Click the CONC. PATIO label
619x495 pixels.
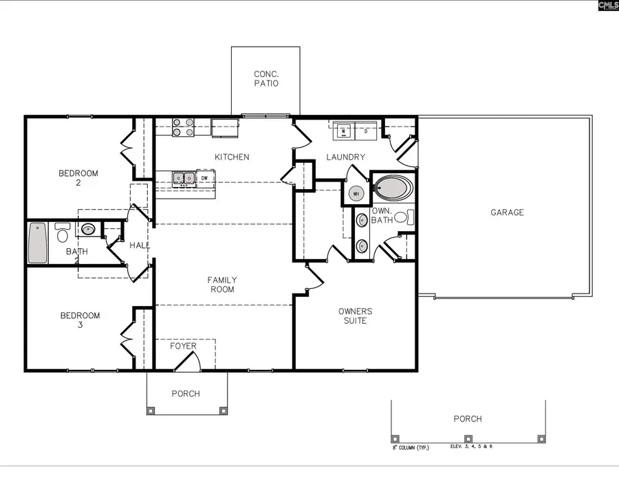point(266,78)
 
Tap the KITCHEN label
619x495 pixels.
point(232,157)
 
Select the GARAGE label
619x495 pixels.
point(507,212)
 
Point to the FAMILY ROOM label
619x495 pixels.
point(222,285)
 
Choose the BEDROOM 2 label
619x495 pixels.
point(78,178)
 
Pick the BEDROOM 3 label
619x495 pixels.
point(80,320)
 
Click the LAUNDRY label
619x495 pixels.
point(345,157)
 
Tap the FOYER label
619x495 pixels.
point(184,346)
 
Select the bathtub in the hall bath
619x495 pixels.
point(38,243)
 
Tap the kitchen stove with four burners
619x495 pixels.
point(182,126)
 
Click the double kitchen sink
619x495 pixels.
point(182,179)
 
